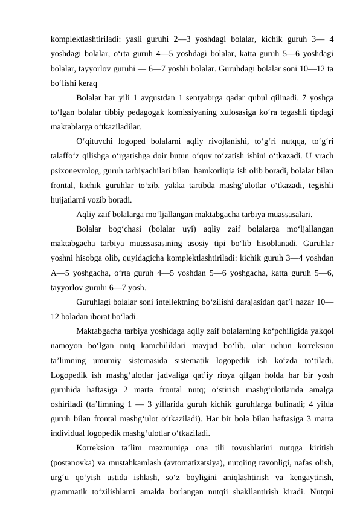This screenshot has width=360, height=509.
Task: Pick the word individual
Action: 70,434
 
